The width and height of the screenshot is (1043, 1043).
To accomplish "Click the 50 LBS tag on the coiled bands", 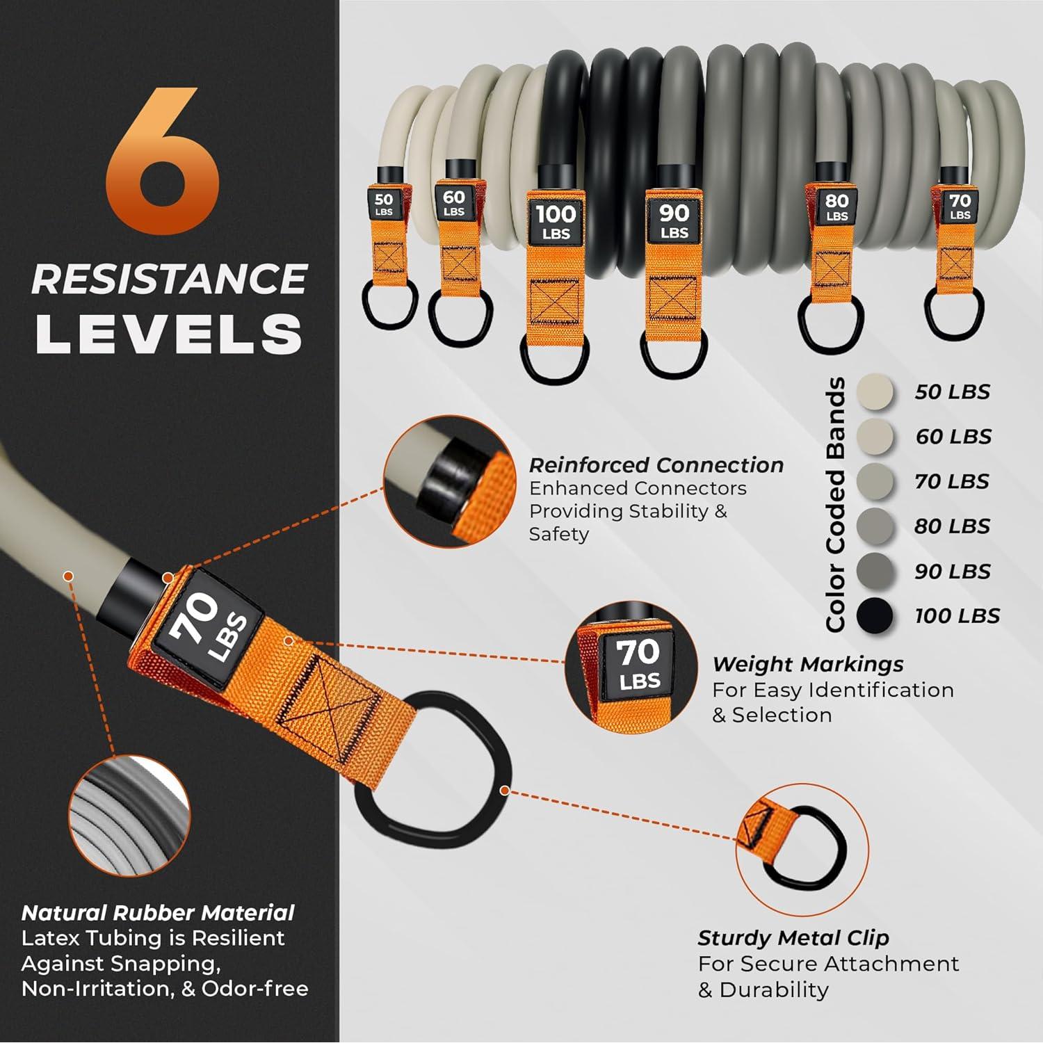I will coord(384,205).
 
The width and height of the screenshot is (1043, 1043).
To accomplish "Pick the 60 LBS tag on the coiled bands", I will coord(453,202).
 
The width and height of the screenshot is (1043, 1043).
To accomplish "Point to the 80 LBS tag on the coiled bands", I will coord(836,206).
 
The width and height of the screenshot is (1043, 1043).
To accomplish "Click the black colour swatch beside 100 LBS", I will coord(875,616).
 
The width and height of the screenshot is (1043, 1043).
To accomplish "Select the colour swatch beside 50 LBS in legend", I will coord(875,392).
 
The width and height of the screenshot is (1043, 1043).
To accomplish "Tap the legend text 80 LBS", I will coord(952,526).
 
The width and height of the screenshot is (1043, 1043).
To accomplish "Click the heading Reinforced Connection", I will coord(656,465).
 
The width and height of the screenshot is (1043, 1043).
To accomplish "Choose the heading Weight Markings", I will coord(807,664).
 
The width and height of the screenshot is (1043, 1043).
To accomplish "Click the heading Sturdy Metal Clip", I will coord(793,938).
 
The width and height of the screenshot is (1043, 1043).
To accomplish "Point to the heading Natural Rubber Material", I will coord(158,912).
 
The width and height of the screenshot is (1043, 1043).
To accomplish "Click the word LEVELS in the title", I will coord(169,334).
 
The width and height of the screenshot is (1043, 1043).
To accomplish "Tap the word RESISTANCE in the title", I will coord(169,279).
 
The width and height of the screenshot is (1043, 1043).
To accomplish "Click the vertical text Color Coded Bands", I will coord(835,504).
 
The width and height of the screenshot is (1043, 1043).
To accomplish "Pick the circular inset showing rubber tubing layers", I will coord(130,814).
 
